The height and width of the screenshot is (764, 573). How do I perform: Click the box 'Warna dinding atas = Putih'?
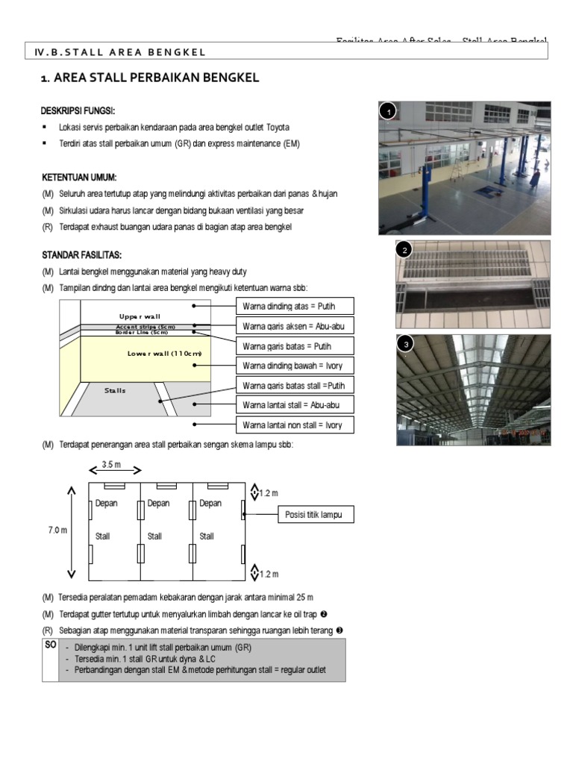point(285,306)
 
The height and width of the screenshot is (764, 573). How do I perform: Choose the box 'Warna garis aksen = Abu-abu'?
point(285,326)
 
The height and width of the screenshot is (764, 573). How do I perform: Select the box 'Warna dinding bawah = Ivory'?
point(285,366)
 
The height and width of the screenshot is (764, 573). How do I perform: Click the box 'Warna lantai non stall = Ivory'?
point(285,425)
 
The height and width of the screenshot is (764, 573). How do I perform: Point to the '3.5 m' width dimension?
point(116,463)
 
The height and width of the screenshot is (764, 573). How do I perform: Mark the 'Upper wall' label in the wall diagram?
point(140,316)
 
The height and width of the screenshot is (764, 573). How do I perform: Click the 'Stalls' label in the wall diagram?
point(115,390)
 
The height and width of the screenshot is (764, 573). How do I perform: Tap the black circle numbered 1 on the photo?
point(386,112)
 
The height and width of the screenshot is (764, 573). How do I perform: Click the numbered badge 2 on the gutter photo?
point(404,251)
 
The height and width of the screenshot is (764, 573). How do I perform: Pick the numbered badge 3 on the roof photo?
point(405,345)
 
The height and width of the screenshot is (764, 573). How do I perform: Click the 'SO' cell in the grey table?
point(50,644)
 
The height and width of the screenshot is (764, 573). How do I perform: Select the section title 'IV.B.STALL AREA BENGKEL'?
point(119,51)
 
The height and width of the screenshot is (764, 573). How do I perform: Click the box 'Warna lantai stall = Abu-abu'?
point(285,405)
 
